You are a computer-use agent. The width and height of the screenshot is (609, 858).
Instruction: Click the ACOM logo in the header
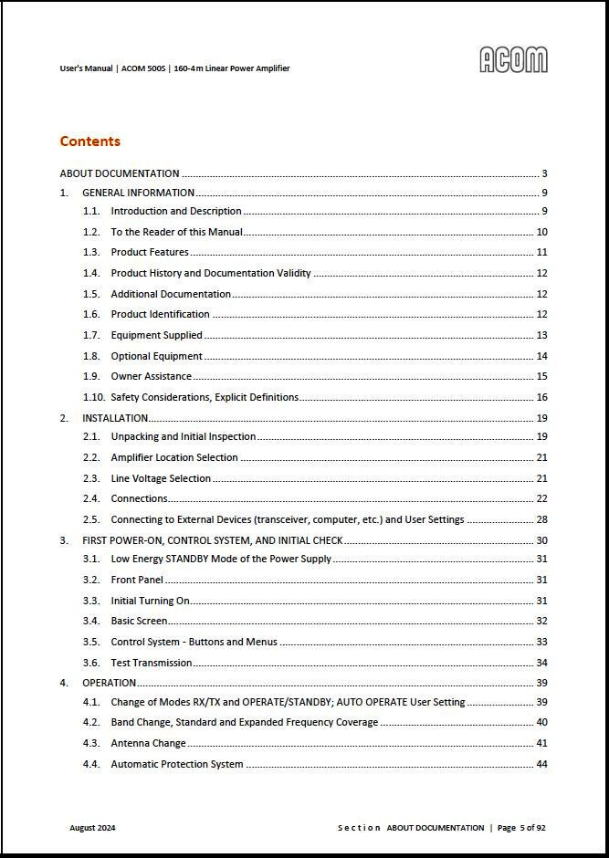(513, 60)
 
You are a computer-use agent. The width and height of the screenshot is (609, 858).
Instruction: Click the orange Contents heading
(89, 141)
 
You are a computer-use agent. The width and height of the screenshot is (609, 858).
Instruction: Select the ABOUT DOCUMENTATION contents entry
(120, 173)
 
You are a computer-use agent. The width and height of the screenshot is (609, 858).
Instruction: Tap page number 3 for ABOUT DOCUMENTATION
(544, 173)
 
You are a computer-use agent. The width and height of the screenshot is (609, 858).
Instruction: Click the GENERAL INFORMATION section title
(138, 193)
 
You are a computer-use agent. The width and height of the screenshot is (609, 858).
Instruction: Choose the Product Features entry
(150, 252)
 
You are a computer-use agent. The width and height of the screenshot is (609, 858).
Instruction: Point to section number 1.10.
(93, 397)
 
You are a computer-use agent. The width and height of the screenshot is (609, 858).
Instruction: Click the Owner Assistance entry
(151, 376)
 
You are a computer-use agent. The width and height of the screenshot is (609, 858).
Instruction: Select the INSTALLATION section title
(115, 418)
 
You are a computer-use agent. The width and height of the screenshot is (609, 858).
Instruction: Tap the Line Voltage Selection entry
(161, 478)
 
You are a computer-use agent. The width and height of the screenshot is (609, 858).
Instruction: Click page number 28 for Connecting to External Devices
(541, 519)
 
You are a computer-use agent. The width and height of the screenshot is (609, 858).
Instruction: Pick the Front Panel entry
(137, 580)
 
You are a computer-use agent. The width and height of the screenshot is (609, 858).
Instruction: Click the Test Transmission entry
(152, 663)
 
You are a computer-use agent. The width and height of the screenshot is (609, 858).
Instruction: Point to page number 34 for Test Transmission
(541, 663)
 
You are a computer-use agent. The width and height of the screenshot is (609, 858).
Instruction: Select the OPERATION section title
(109, 683)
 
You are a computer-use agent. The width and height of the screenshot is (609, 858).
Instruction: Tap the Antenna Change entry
(148, 743)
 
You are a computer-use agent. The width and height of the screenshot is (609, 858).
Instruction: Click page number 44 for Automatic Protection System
(541, 764)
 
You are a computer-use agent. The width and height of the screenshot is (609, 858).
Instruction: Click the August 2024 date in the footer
(92, 828)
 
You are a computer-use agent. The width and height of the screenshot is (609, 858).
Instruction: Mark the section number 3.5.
(90, 642)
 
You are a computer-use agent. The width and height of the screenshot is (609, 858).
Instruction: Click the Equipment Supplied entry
(156, 335)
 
